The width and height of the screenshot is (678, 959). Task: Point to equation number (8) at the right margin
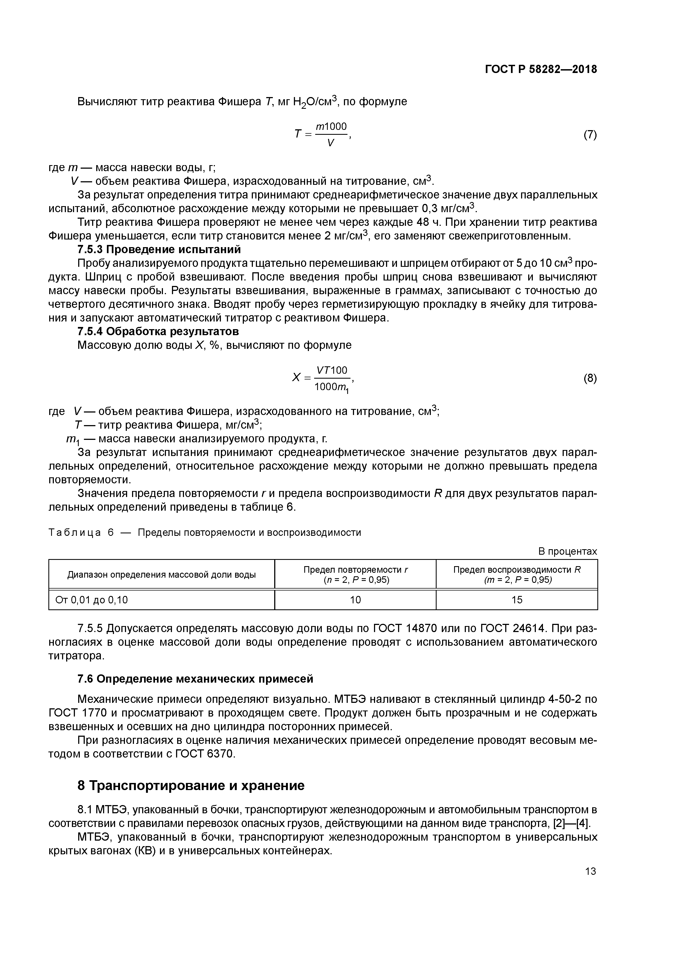pos(590,378)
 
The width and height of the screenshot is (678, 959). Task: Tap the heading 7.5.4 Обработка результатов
pos(158,331)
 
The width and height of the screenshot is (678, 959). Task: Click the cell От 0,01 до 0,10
pos(92,600)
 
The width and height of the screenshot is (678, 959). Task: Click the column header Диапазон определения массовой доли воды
pos(161,575)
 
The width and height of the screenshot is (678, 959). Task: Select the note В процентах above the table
pos(567,551)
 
